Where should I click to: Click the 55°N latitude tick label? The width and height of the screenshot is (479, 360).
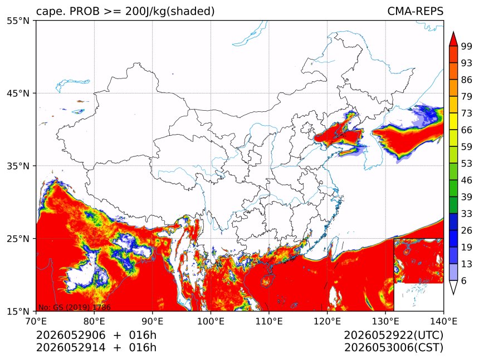(18, 21)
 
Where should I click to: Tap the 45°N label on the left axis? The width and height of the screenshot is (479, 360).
(18, 93)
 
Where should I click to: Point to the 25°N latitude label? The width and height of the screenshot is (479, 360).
(18, 238)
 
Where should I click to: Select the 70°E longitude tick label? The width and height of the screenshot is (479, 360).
(36, 321)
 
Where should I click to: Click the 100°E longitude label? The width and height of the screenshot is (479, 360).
(211, 321)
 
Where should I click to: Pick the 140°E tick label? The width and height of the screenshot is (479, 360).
(443, 321)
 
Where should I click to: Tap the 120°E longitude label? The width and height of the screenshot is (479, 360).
(327, 321)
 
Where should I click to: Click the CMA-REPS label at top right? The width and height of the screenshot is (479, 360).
(415, 11)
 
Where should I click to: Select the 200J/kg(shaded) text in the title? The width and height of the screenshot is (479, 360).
(170, 12)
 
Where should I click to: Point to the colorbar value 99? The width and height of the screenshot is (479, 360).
(467, 46)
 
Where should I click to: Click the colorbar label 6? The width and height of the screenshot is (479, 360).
(464, 280)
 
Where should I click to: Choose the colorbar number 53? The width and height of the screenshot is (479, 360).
(467, 164)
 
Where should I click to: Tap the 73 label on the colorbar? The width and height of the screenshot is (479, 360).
(467, 113)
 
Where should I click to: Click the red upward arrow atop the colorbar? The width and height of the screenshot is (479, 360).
(453, 40)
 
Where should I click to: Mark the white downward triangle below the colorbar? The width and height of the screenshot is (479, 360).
(453, 287)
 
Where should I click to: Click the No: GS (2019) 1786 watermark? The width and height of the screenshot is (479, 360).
(75, 307)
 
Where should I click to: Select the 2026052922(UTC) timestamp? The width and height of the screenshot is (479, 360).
(393, 335)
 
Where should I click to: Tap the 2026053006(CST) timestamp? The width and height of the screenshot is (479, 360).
(393, 348)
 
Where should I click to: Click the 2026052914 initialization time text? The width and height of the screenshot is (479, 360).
(71, 348)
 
